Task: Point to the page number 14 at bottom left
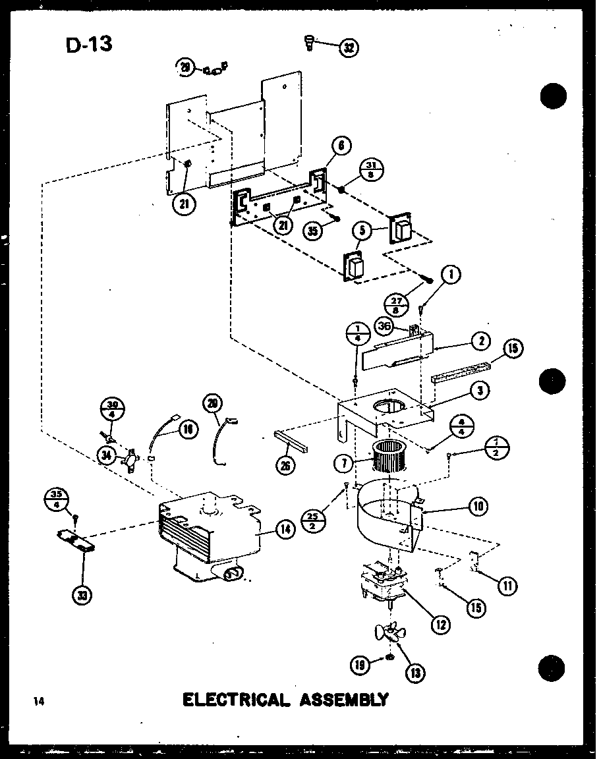39,701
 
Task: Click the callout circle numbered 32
349,47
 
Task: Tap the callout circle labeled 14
285,529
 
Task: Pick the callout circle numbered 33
82,595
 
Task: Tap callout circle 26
285,466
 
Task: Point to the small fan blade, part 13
389,633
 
